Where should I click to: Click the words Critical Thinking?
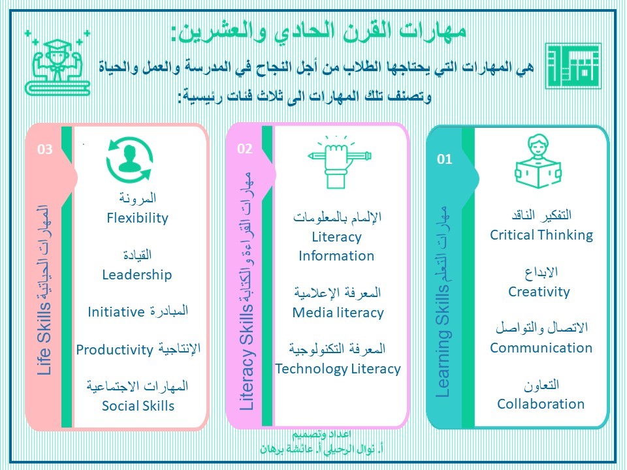(x=541, y=235)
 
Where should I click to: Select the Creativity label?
(x=539, y=292)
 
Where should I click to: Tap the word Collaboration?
(x=541, y=404)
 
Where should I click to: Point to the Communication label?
(x=541, y=348)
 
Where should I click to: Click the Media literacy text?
(x=338, y=313)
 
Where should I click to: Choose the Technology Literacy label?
(x=338, y=369)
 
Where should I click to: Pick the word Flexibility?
(x=138, y=218)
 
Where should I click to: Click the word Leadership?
(x=137, y=275)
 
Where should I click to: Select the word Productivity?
(x=115, y=350)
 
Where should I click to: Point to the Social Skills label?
(x=138, y=406)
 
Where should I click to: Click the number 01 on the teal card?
(x=444, y=159)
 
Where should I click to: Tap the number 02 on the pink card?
(x=245, y=149)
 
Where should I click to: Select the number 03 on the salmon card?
(x=45, y=149)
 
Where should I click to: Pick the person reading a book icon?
(x=538, y=161)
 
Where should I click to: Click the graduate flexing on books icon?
(x=57, y=63)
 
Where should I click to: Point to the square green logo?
(x=573, y=66)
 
